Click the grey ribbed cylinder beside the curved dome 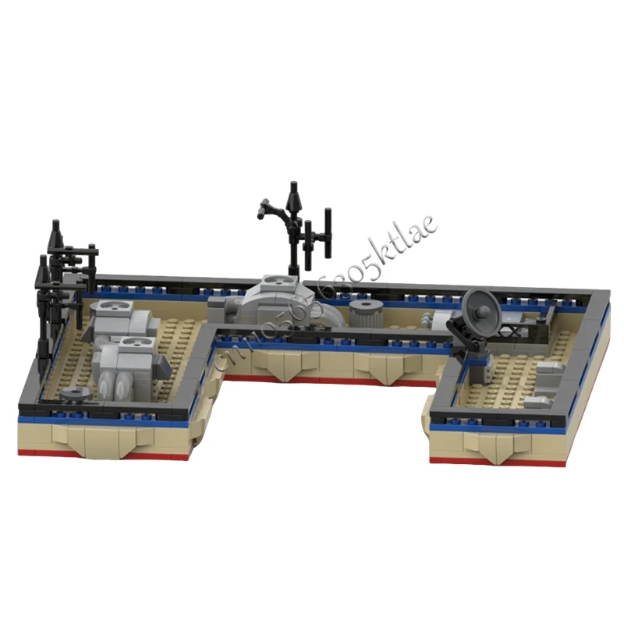[364, 313]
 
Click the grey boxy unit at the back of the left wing [117, 320]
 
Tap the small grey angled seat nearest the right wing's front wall [538, 402]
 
